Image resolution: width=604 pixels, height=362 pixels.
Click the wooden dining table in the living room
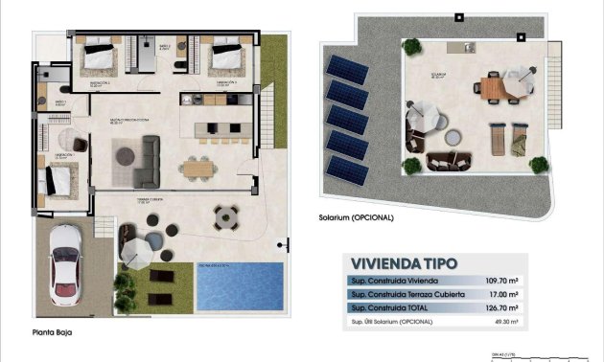tap(198, 167)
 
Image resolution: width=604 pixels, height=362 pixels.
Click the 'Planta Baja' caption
tap(52, 333)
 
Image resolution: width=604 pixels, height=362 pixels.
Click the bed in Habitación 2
tap(99, 58)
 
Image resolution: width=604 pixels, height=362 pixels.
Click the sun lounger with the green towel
tap(517, 140)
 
